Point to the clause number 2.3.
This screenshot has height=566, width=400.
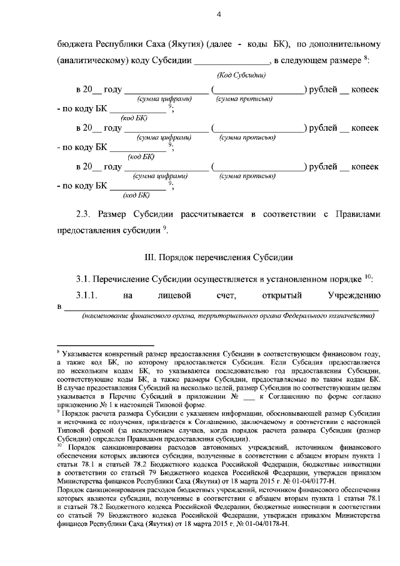pyautogui.click(x=84, y=215)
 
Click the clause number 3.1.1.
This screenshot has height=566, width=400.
pyautogui.click(x=87, y=295)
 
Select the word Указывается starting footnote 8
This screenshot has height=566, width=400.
pyautogui.click(x=84, y=355)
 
